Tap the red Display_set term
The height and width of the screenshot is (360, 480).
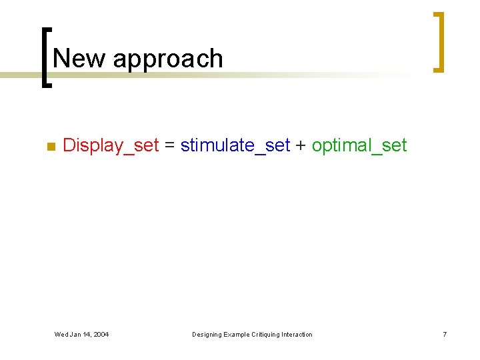pyautogui.click(x=111, y=145)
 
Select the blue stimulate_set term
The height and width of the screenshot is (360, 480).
pyautogui.click(x=235, y=145)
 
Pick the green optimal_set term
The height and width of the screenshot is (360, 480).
pyautogui.click(x=359, y=145)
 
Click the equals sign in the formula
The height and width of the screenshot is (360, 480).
pyautogui.click(x=169, y=146)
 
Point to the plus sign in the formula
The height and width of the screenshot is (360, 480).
pyautogui.click(x=301, y=146)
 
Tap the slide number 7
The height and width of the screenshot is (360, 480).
pyautogui.click(x=444, y=334)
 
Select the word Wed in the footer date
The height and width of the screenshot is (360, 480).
pyautogui.click(x=61, y=334)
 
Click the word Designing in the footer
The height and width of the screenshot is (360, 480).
pyautogui.click(x=207, y=334)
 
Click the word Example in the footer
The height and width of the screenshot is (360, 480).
pyautogui.click(x=237, y=334)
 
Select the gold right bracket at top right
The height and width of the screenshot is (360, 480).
pyautogui.click(x=438, y=41)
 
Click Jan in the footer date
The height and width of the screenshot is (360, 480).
pyautogui.click(x=75, y=334)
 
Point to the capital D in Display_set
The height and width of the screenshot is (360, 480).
pyautogui.click(x=68, y=145)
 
